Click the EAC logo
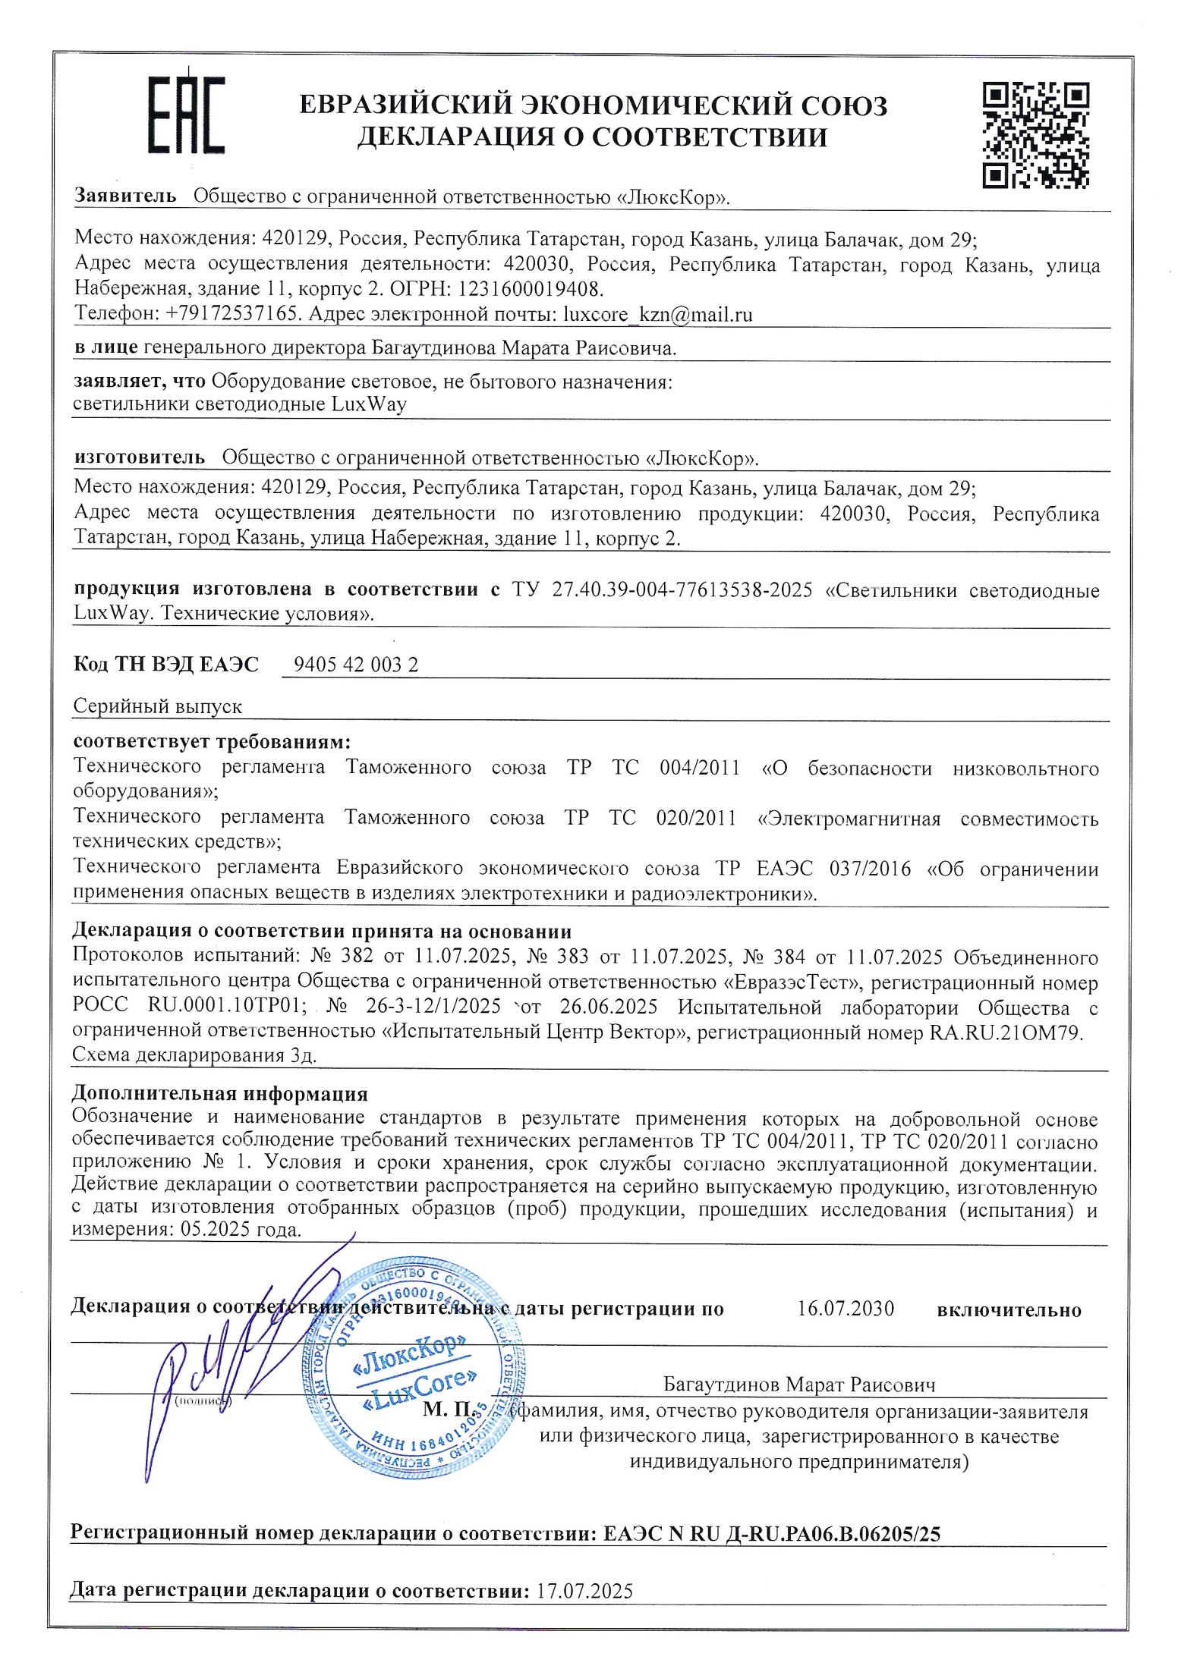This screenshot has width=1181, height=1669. (x=186, y=115)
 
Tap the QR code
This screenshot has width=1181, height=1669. (x=1035, y=135)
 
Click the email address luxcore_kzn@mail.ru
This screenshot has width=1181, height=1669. (x=657, y=315)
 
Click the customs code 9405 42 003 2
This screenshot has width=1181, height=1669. (x=355, y=665)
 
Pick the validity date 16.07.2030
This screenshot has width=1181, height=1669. (x=845, y=1309)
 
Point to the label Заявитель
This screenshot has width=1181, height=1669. (x=125, y=196)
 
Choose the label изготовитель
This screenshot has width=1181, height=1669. (x=140, y=457)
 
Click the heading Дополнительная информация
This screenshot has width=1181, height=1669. (x=219, y=1093)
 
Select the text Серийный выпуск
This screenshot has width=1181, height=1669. (x=157, y=707)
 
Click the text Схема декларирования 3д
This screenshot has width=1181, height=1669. (x=194, y=1055)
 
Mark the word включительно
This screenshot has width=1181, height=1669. (x=1009, y=1310)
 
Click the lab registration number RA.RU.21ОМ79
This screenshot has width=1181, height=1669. (x=1006, y=1033)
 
